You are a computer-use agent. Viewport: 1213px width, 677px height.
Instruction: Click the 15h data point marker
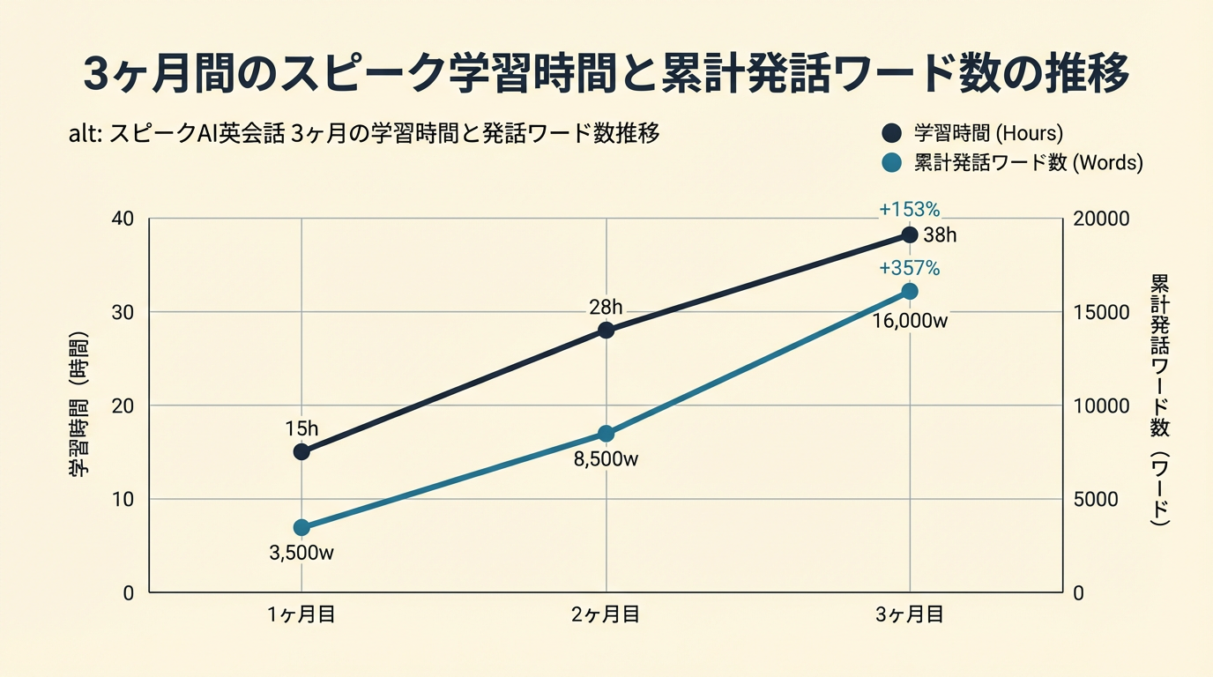click(301, 451)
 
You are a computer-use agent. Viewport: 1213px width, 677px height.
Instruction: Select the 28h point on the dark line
click(606, 330)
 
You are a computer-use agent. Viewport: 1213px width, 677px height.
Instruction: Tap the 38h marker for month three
click(910, 234)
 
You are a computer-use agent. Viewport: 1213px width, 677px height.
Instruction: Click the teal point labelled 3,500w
click(301, 527)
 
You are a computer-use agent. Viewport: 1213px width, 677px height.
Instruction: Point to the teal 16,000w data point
click(910, 292)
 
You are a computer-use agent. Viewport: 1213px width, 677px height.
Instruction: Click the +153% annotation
click(910, 210)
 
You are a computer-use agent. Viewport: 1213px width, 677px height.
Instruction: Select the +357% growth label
click(910, 268)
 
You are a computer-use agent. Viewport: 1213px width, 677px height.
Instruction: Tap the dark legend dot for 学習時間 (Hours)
click(891, 133)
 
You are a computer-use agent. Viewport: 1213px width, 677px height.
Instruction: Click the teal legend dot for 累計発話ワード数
click(891, 162)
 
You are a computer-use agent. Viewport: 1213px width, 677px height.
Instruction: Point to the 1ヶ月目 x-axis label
click(301, 615)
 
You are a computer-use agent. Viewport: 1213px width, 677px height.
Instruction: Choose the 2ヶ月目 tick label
click(606, 615)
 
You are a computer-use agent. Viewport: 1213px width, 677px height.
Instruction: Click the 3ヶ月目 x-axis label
click(910, 615)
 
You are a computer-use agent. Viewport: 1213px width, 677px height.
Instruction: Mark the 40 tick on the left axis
click(123, 219)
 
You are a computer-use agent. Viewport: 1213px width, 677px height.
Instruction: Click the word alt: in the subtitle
click(86, 134)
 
